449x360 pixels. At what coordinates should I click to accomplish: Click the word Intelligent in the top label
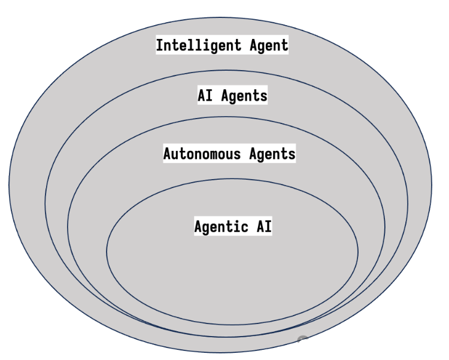196,45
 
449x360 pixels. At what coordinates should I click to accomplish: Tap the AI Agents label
232,95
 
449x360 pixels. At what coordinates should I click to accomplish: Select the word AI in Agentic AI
262,226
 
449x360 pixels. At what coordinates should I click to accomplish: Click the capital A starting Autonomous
168,153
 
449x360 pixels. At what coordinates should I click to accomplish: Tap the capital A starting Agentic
198,226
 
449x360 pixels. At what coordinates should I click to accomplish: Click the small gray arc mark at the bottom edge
303,340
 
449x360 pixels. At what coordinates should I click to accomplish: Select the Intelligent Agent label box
222,45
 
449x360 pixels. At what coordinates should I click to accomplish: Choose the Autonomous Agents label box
229,153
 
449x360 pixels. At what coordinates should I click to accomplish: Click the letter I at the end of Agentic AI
268,226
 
